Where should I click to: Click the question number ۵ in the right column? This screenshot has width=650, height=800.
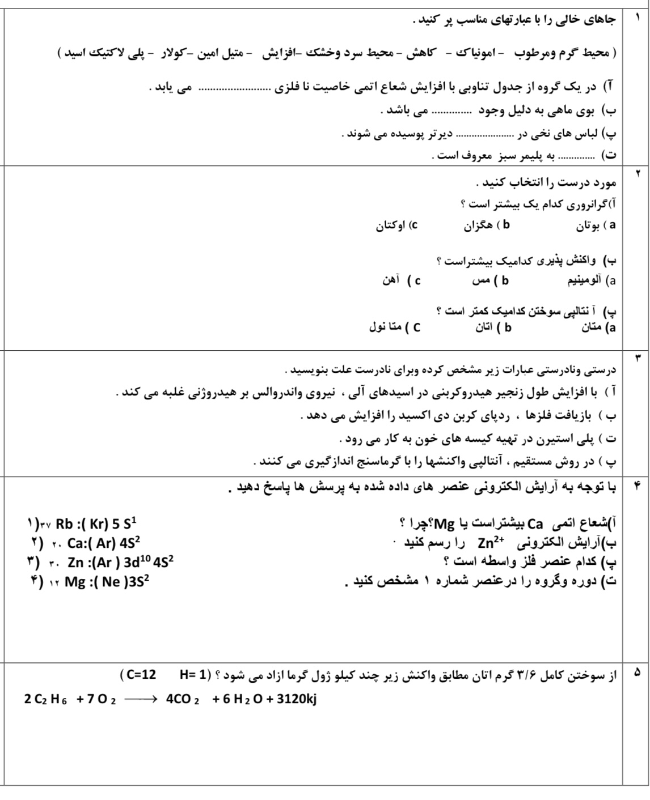click(636, 673)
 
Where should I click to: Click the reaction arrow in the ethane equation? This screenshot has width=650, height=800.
click(139, 699)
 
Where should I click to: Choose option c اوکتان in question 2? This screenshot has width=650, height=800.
click(398, 225)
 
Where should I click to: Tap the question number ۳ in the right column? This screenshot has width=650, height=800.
click(636, 358)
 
